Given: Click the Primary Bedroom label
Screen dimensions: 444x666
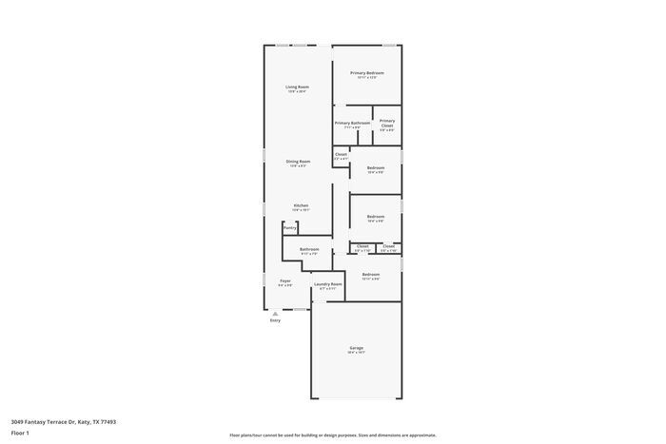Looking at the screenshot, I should pyautogui.click(x=366, y=73).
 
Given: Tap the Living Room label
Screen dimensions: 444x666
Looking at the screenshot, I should pyautogui.click(x=297, y=87).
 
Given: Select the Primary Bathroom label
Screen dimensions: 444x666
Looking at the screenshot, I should pyautogui.click(x=352, y=123).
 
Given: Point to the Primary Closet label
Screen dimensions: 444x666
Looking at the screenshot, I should pyautogui.click(x=387, y=123).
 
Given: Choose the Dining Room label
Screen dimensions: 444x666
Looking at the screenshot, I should pyautogui.click(x=298, y=162).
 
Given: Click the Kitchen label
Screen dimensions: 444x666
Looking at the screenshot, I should pyautogui.click(x=301, y=205).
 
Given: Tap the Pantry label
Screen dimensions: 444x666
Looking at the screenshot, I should pyautogui.click(x=290, y=228).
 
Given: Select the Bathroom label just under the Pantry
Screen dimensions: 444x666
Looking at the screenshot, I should pyautogui.click(x=309, y=249).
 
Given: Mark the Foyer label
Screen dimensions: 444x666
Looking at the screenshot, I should pyautogui.click(x=284, y=280).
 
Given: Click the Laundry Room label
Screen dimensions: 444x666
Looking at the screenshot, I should pyautogui.click(x=328, y=284).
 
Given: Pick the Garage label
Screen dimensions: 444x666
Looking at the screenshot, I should pyautogui.click(x=356, y=348).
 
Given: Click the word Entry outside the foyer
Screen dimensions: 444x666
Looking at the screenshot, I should pyautogui.click(x=275, y=320).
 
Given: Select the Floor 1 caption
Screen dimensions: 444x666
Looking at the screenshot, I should pyautogui.click(x=20, y=433).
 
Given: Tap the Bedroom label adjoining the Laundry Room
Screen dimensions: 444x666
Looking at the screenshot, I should pyautogui.click(x=370, y=275).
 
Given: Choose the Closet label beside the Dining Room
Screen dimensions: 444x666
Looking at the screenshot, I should pyautogui.click(x=341, y=154).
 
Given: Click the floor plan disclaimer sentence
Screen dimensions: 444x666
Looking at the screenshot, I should pyautogui.click(x=332, y=434).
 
